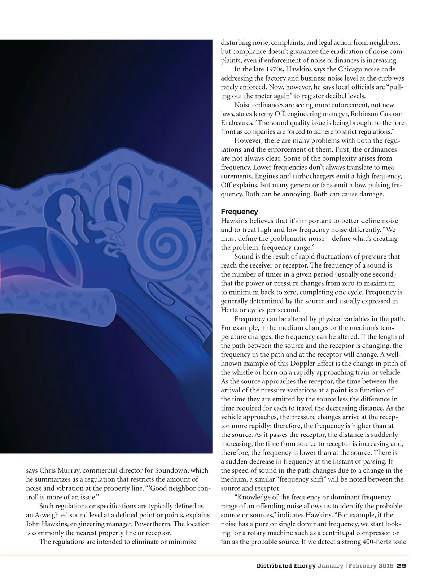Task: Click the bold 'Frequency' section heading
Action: point(239,212)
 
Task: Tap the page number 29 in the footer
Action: point(402,566)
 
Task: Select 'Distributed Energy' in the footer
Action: point(286,566)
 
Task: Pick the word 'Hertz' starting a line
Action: point(229,310)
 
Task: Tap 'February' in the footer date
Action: point(363,566)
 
